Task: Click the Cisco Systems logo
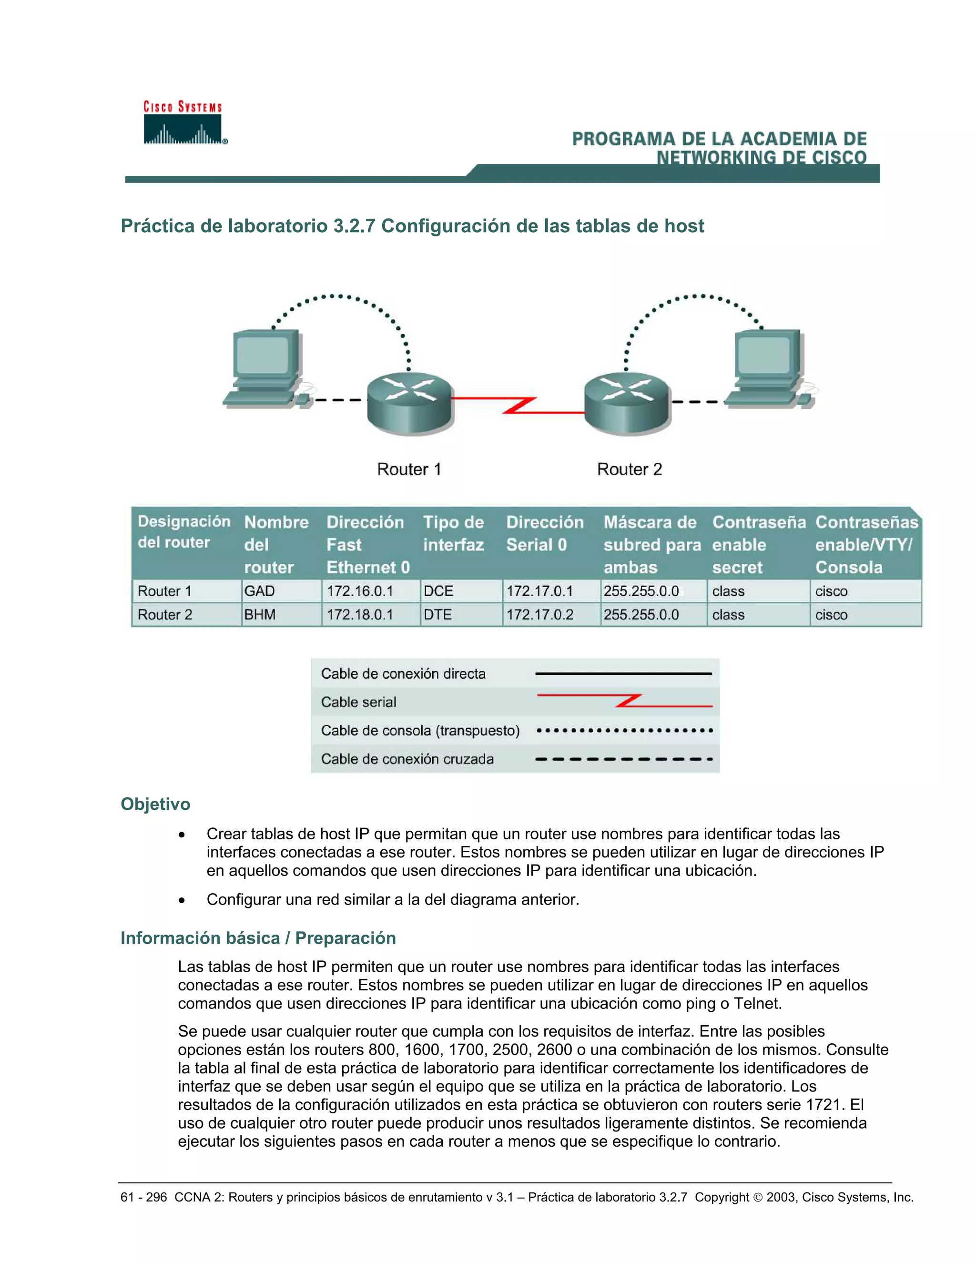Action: [184, 123]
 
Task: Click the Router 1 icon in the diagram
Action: [409, 402]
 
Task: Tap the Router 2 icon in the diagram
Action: [627, 402]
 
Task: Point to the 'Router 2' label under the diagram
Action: [629, 469]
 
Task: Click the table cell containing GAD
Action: [260, 591]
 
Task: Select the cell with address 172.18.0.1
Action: [360, 615]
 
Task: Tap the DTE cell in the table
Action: [437, 615]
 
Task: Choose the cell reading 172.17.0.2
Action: [539, 615]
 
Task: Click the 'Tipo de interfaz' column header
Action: [454, 533]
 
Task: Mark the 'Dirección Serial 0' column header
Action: [545, 533]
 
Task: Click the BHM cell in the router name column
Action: [260, 615]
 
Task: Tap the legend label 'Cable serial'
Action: [358, 702]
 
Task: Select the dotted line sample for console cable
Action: [624, 730]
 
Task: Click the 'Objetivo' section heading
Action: [155, 804]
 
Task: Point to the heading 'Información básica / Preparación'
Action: [258, 937]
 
